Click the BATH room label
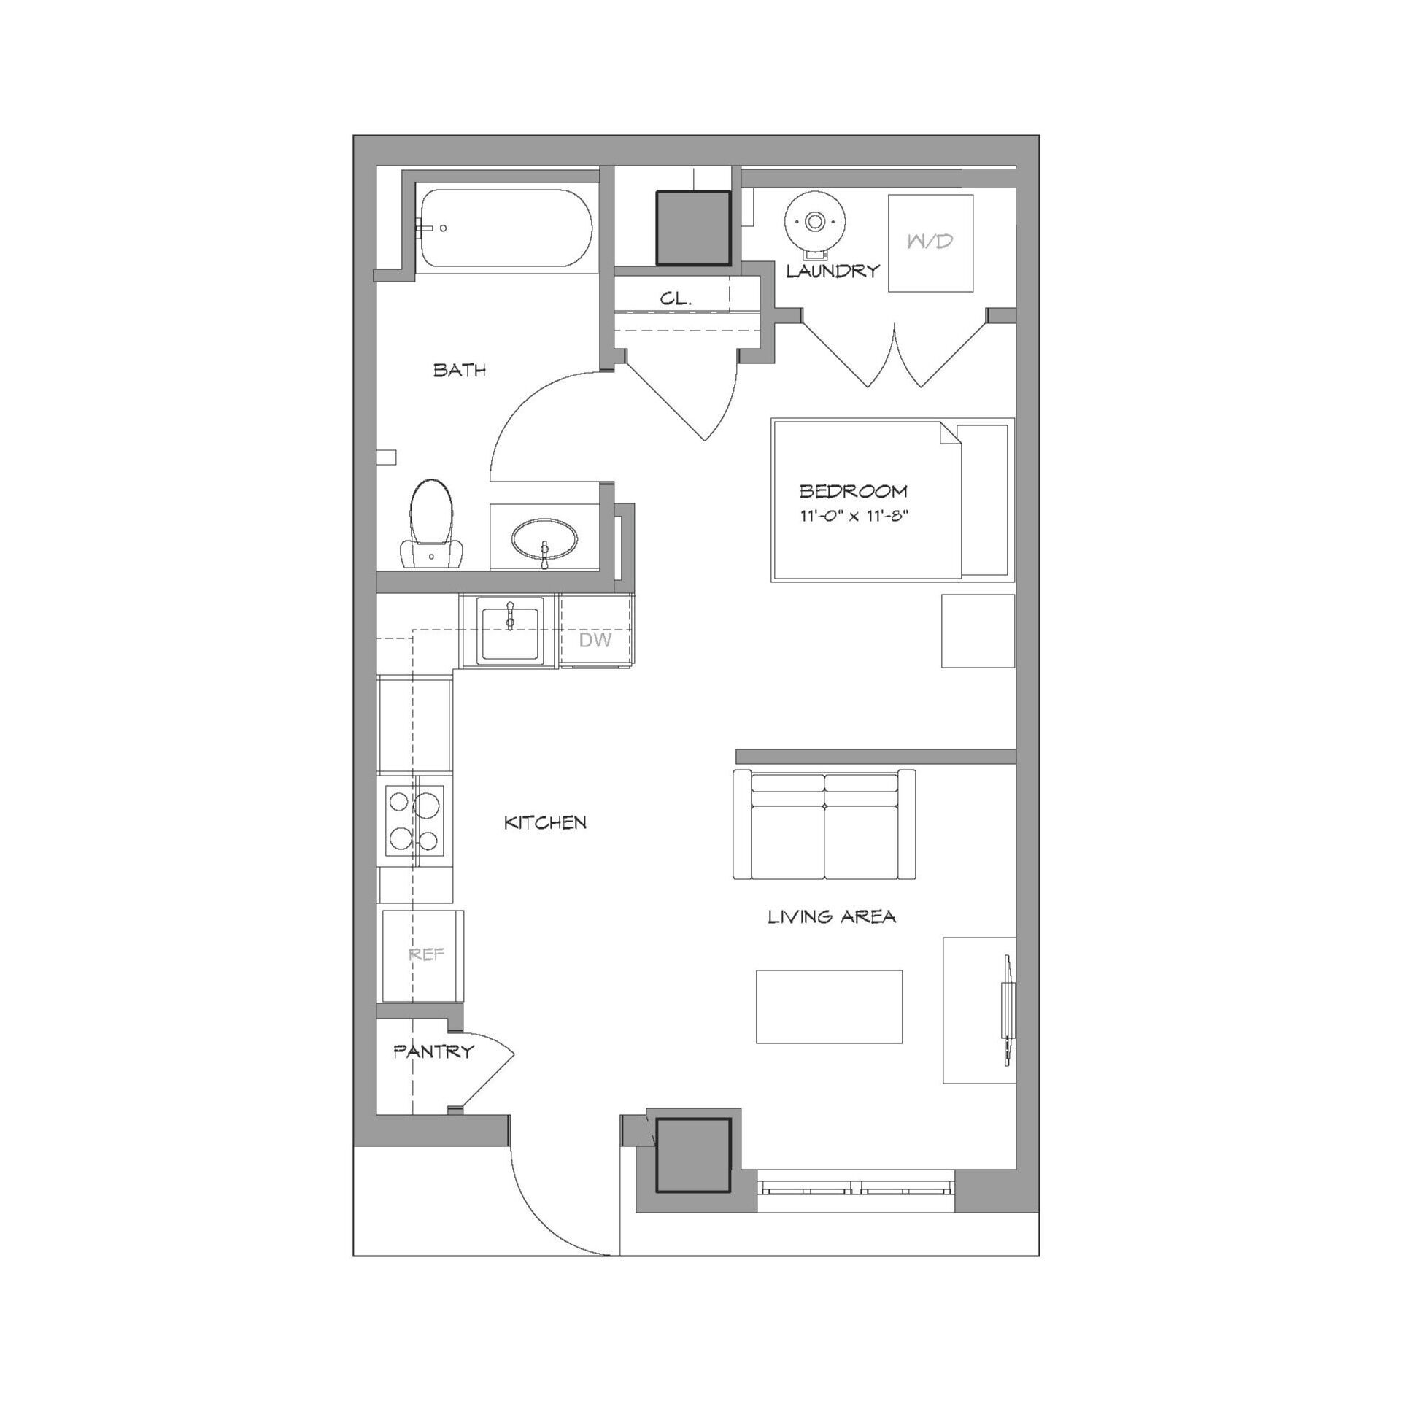click(460, 370)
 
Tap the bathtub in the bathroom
click(506, 228)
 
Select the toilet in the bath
click(432, 524)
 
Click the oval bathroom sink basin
click(545, 541)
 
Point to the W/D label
click(930, 242)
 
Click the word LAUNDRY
click(833, 271)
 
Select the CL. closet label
click(676, 298)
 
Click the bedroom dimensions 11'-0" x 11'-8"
click(857, 517)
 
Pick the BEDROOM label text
click(854, 491)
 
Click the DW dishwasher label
click(595, 641)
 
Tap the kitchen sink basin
click(511, 630)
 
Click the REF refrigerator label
click(427, 954)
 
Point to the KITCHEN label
click(546, 823)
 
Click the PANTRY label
click(434, 1051)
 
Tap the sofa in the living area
click(824, 824)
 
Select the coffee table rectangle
click(830, 1007)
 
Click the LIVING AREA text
click(832, 916)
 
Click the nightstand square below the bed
click(978, 631)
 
